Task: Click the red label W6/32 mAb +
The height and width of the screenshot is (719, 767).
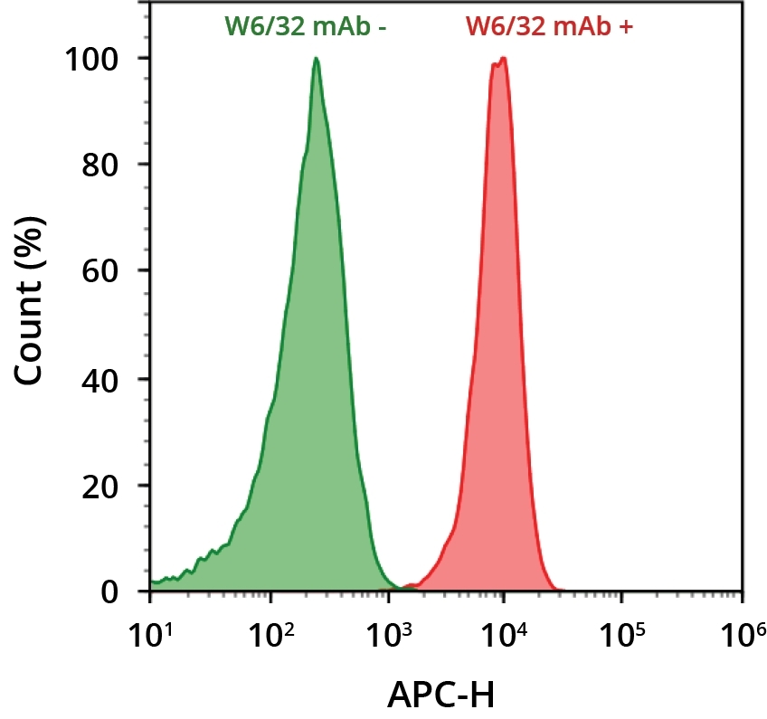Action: (x=550, y=26)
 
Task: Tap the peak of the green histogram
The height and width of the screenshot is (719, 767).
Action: (x=316, y=59)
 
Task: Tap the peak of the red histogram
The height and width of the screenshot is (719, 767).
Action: (x=503, y=60)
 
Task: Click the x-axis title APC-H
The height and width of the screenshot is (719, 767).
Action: (x=441, y=695)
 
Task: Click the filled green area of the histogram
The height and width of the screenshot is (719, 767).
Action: (x=308, y=362)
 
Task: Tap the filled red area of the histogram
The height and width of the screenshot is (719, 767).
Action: (x=499, y=362)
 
